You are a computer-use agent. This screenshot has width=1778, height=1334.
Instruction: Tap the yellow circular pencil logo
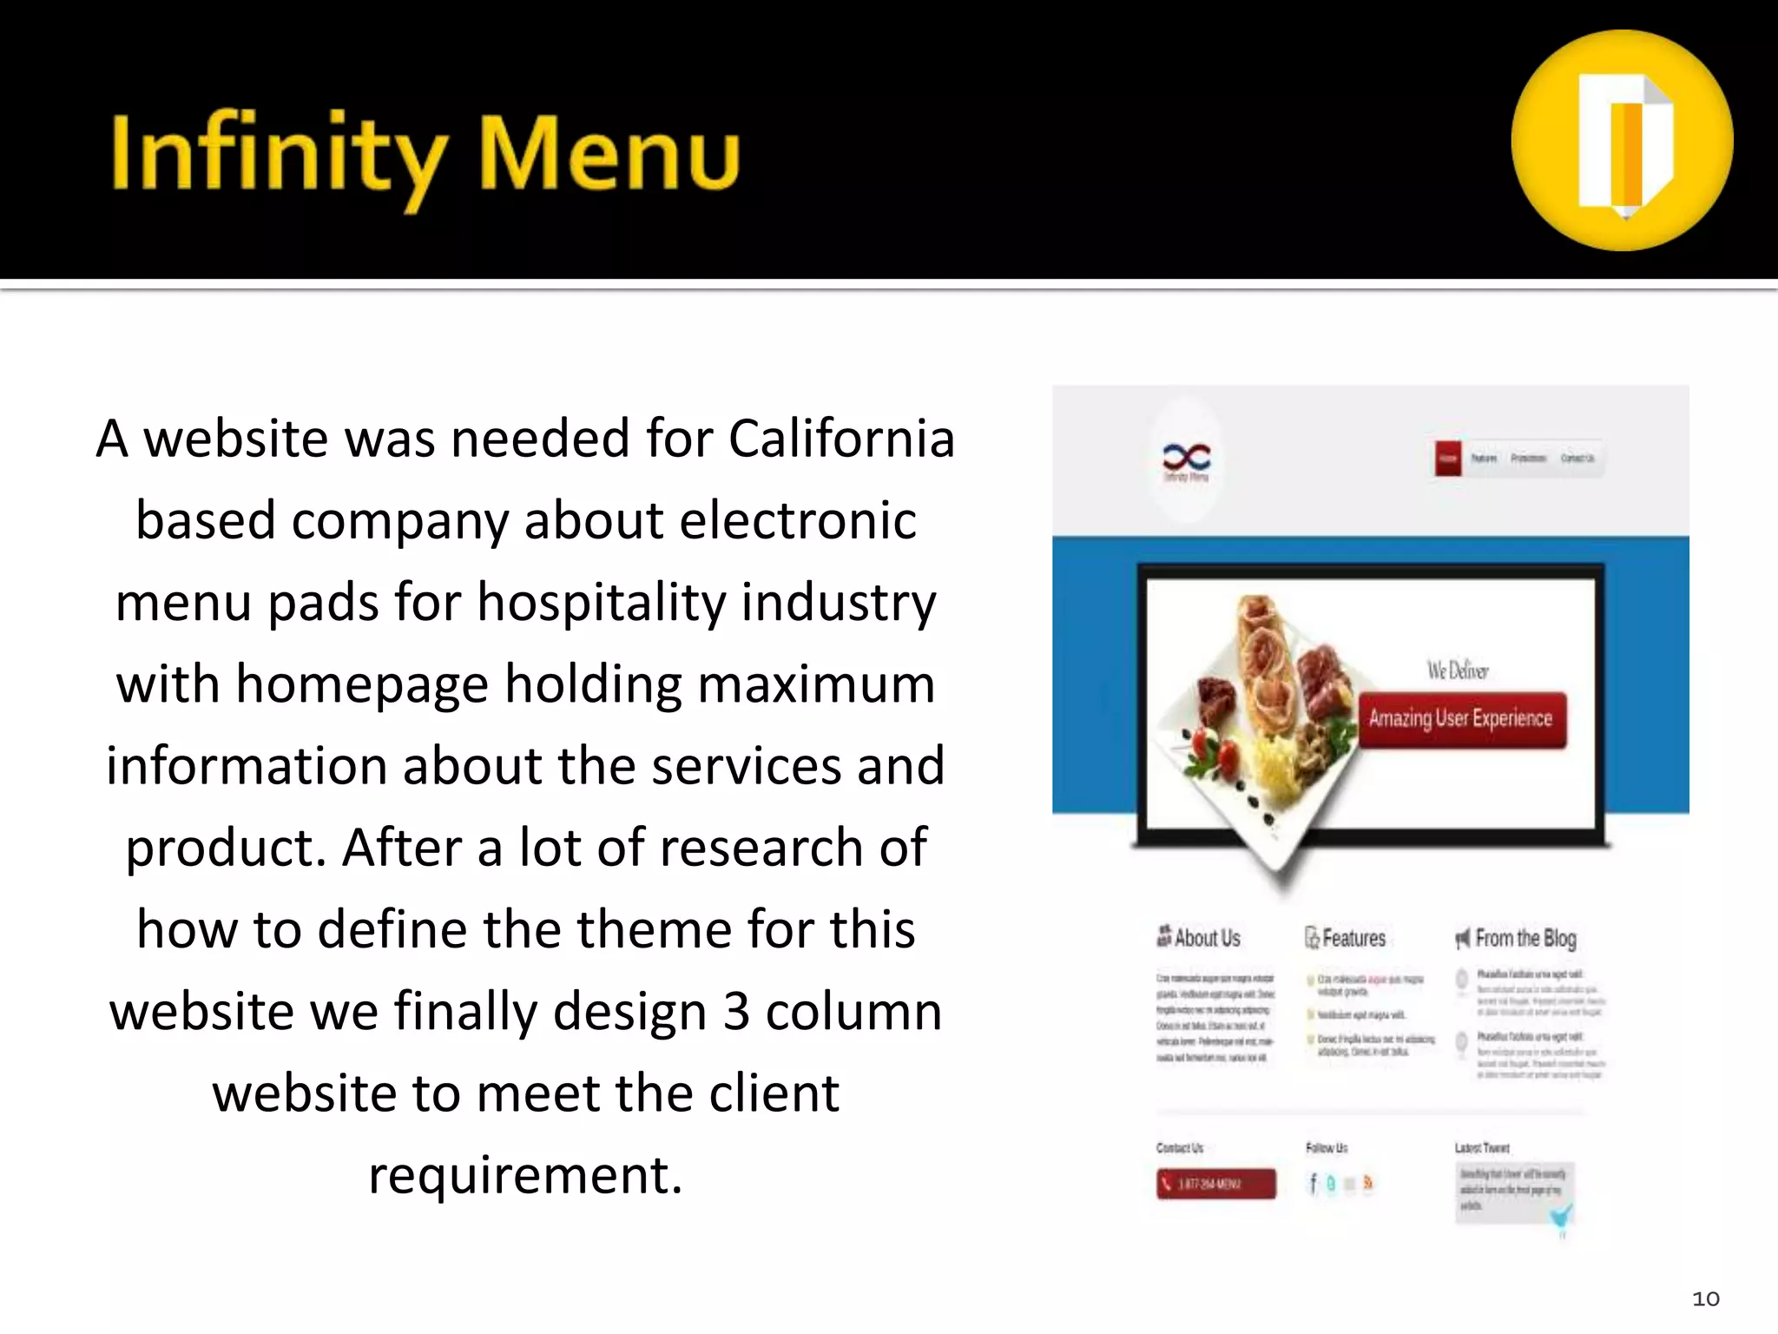click(1622, 141)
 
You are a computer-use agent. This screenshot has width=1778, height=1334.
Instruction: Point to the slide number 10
click(1705, 1298)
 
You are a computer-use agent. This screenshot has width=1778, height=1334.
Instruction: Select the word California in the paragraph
click(840, 439)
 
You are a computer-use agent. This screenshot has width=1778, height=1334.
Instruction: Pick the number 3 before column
click(736, 1012)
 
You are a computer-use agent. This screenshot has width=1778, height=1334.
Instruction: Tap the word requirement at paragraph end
click(524, 1175)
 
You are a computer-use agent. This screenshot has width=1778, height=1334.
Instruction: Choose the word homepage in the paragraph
click(362, 684)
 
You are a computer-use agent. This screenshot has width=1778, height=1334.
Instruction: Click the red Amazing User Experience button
click(1461, 719)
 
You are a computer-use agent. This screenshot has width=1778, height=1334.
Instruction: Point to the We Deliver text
click(1458, 670)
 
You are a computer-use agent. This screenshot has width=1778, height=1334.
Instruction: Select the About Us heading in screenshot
click(1199, 938)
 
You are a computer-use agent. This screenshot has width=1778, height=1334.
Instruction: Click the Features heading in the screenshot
click(1347, 938)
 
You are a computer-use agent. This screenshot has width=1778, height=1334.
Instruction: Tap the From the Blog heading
click(1517, 938)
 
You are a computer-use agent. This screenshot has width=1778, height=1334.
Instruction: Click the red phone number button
click(1215, 1184)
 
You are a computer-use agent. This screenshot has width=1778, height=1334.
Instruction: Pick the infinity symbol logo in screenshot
click(1187, 457)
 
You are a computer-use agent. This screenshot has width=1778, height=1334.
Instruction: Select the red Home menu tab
click(1448, 458)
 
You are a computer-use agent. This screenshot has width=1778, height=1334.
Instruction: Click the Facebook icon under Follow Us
click(1313, 1183)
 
